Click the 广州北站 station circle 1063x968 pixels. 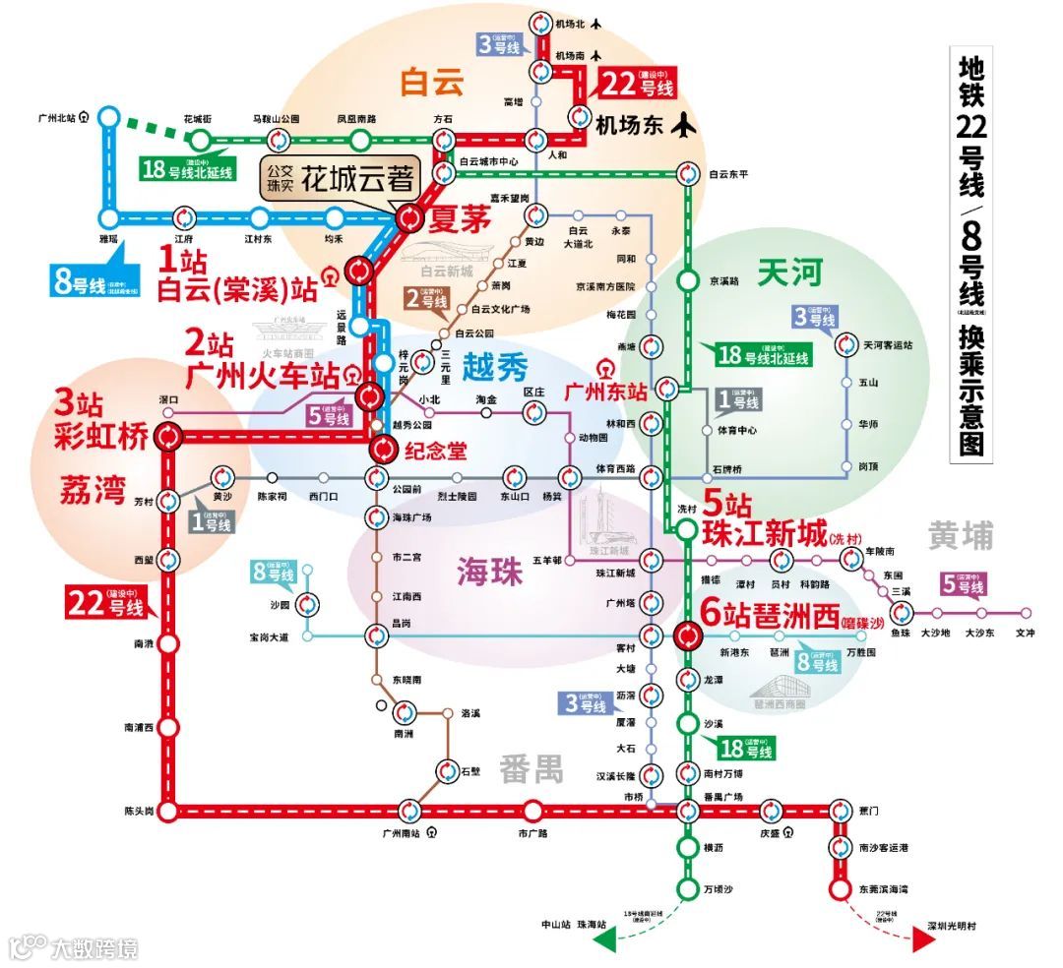point(108,117)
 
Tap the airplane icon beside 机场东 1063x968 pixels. point(682,125)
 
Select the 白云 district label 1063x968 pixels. point(431,83)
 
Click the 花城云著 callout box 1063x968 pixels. point(341,179)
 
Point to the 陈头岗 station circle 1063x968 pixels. point(168,812)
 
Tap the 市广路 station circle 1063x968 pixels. point(532,812)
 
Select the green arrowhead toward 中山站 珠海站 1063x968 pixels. point(603,940)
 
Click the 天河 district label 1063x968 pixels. point(789,273)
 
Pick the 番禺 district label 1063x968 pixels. point(531,768)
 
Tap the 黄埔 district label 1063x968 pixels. point(960,535)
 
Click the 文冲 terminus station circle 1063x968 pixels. point(1026,612)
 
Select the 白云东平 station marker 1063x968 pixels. point(686,175)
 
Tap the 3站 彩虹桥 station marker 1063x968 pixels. point(169,436)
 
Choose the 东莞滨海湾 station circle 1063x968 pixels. point(840,889)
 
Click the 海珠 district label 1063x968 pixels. point(488,572)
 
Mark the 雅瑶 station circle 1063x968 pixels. point(108,218)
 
